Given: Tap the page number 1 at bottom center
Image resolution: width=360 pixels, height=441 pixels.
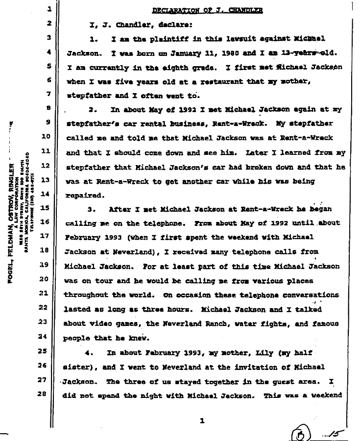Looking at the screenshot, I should [201, 420].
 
